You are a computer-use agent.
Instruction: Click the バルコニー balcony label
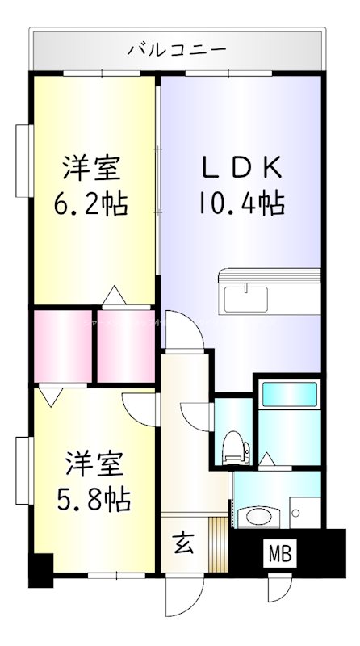(177, 49)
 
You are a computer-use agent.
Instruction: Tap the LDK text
(241, 167)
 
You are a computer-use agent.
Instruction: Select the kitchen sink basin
(247, 300)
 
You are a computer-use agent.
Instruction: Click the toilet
(234, 446)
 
